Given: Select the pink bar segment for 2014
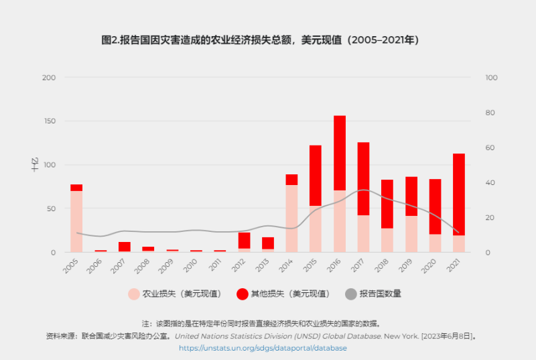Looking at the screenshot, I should click(291, 218).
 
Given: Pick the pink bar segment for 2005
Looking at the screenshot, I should click(76, 221).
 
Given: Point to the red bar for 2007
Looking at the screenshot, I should click(124, 247).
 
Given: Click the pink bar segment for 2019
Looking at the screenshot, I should click(411, 233).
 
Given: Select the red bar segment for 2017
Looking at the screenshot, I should click(363, 178).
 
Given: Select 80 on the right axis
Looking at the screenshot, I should click(491, 113).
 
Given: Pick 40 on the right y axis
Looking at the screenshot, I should click(491, 182).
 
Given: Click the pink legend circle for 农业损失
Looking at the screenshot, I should click(134, 294).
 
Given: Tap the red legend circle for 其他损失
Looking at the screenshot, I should click(242, 294).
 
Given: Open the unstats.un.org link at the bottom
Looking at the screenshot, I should click(263, 348).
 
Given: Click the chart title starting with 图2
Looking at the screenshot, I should click(260, 40).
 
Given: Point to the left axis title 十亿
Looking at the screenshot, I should click(35, 164).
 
